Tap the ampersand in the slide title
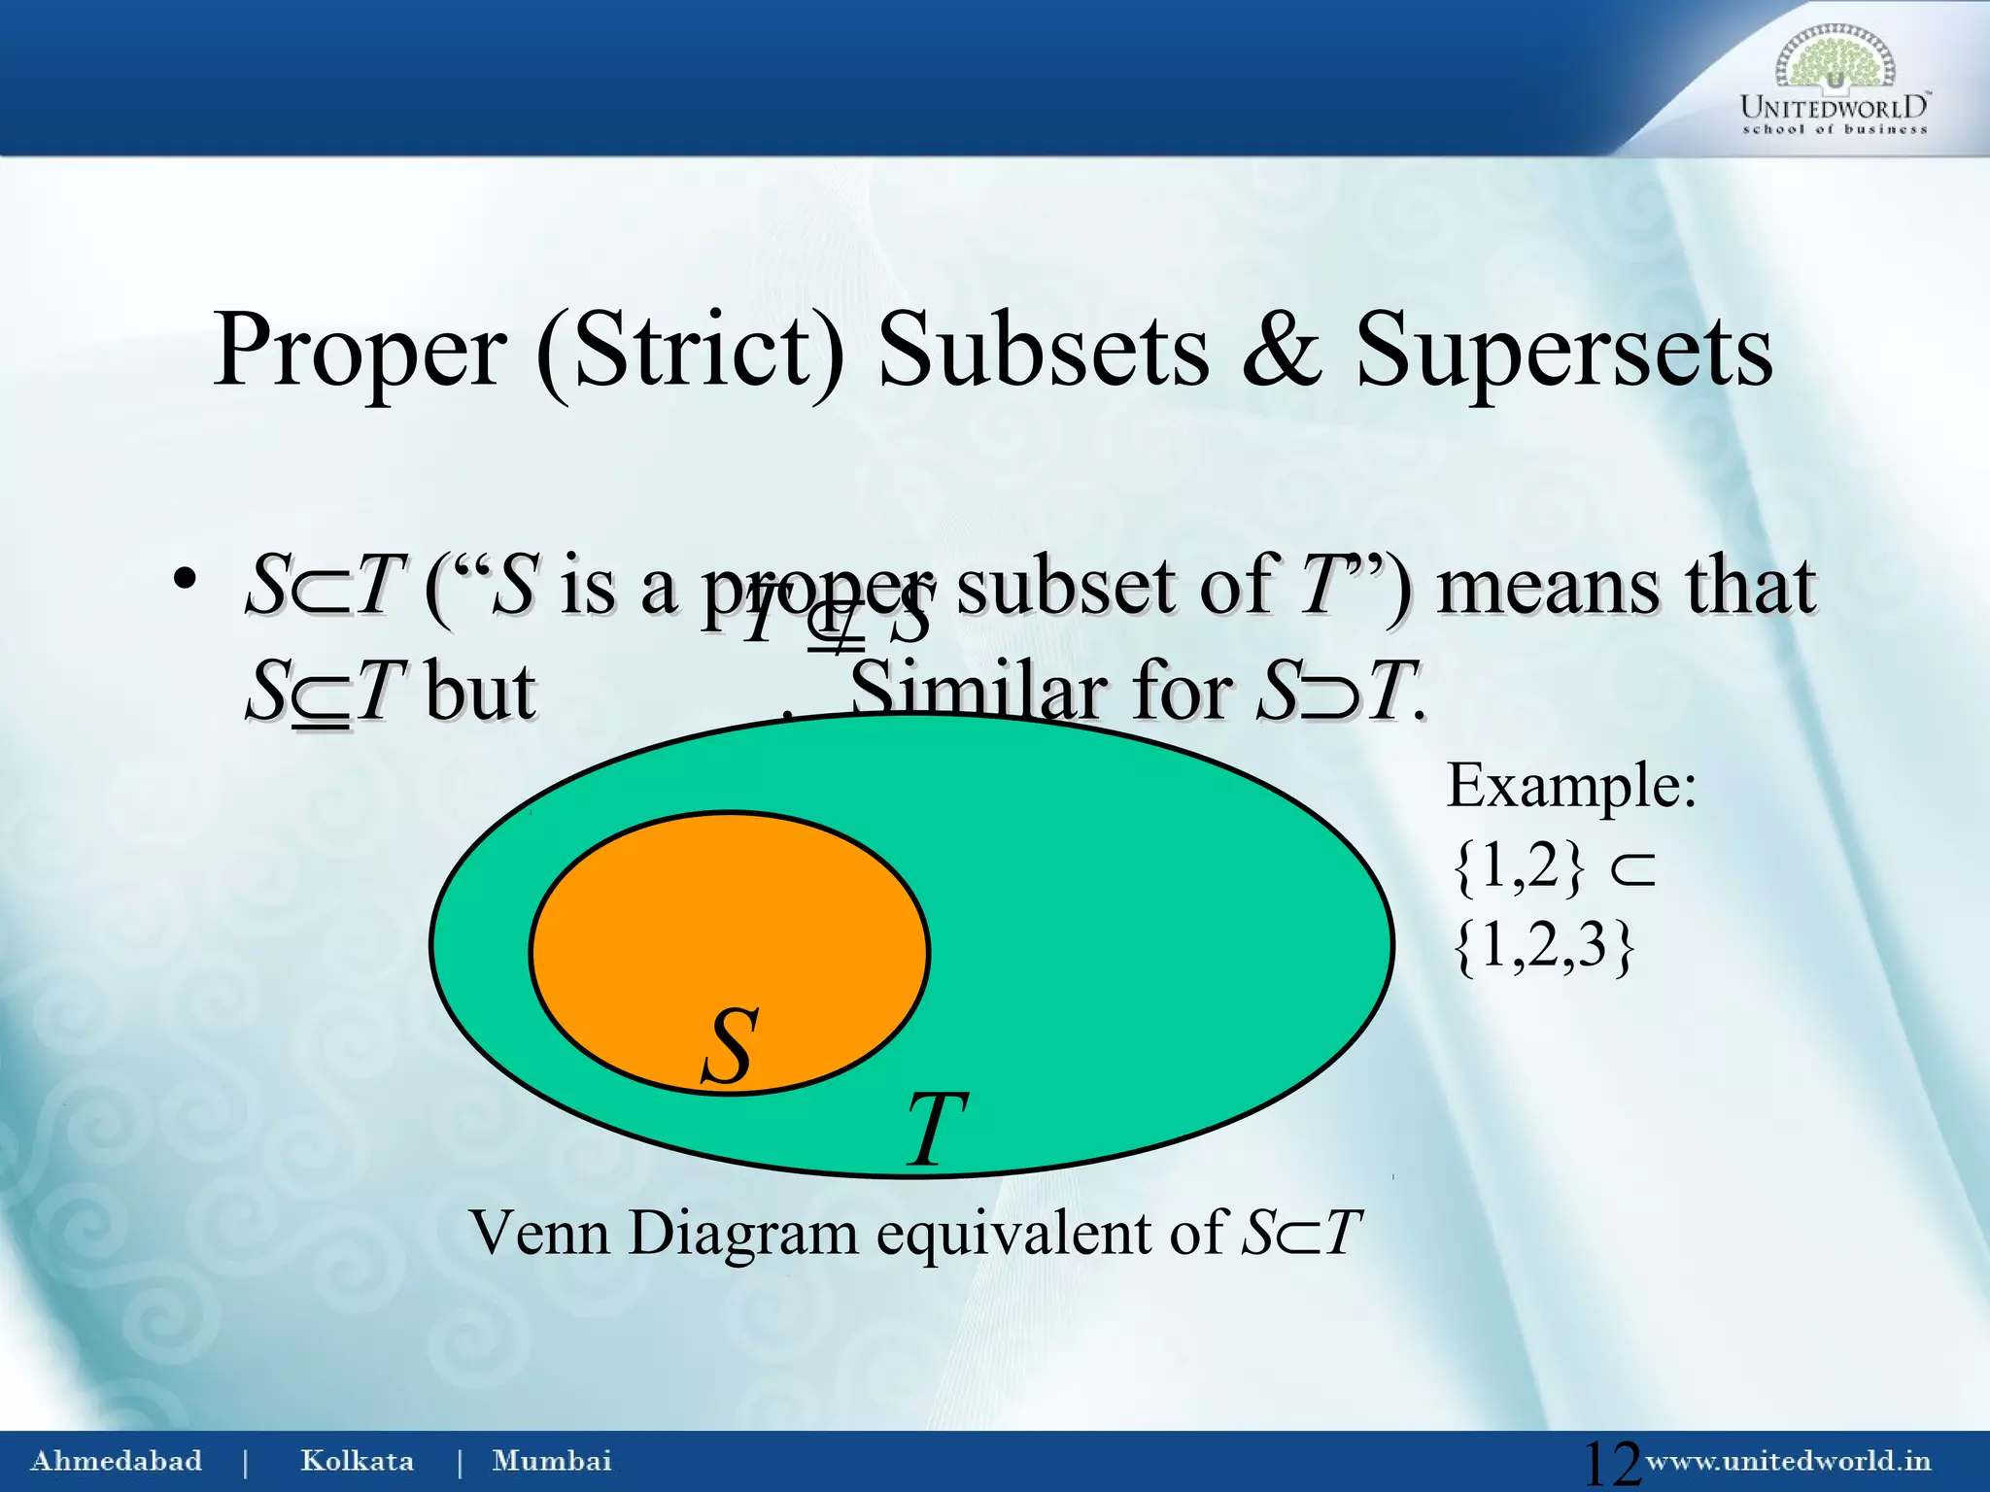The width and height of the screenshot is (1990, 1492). tap(1282, 350)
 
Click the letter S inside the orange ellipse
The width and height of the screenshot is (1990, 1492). tap(729, 1046)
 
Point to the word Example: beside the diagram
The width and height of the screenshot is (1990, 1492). tap(1571, 785)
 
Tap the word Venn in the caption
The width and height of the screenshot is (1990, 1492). tap(540, 1233)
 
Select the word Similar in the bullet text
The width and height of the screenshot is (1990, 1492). tap(978, 692)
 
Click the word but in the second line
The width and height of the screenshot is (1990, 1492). tap(480, 692)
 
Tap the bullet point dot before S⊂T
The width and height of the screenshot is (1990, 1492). tap(185, 580)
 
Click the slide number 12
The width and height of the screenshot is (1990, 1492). tap(1610, 1462)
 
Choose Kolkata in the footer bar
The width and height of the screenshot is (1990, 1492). tap(357, 1460)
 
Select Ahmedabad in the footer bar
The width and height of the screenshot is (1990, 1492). tap(117, 1460)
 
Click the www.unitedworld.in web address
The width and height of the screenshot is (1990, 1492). tap(1788, 1460)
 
